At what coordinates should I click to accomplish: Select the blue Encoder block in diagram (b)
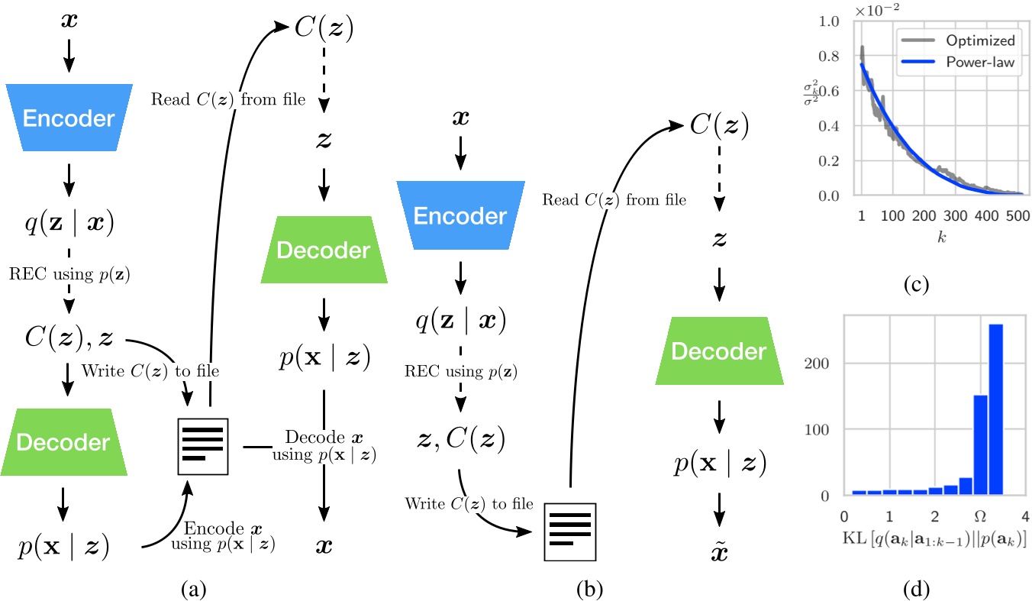tap(460, 215)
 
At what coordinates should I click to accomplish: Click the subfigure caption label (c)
tap(914, 285)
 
